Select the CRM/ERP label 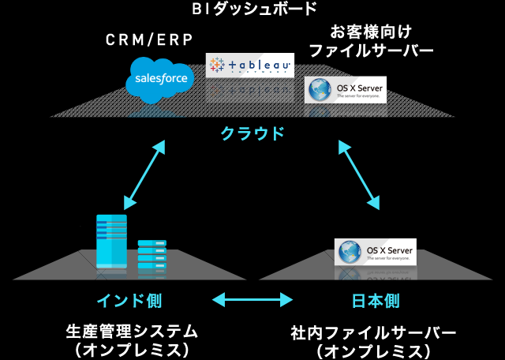click(148, 40)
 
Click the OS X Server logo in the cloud click(346, 89)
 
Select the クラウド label click(252, 133)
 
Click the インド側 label click(129, 301)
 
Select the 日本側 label click(376, 301)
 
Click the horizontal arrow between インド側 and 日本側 click(252, 300)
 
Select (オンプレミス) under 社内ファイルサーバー click(373, 350)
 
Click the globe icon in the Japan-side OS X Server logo click(348, 251)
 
